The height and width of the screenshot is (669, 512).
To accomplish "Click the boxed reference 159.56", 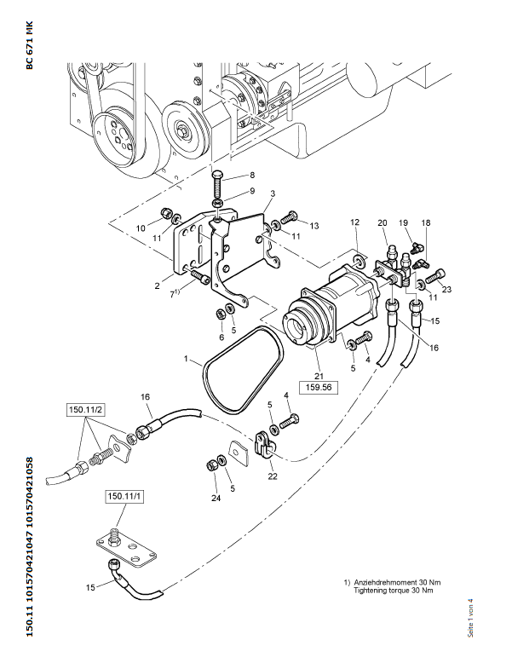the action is [319, 388].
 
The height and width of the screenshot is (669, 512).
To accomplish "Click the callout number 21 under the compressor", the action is [319, 376].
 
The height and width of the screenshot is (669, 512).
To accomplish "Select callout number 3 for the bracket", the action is [273, 193].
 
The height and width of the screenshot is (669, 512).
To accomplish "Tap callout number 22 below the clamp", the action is [273, 476].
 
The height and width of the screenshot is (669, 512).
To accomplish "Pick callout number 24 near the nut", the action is [216, 498].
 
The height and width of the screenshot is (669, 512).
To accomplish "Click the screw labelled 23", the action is [438, 275].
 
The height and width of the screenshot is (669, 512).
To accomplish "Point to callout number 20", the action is [383, 222].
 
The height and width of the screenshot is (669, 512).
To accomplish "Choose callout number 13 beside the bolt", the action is [314, 226].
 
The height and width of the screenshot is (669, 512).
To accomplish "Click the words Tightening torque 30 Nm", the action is [393, 591].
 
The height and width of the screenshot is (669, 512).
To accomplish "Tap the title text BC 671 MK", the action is [30, 44].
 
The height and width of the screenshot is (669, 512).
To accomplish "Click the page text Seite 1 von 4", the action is [470, 618].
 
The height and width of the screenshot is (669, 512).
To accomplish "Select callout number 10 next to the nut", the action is [141, 228].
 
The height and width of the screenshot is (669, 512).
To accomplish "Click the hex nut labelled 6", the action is [221, 314].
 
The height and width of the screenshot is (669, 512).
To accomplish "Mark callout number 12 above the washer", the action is [355, 222].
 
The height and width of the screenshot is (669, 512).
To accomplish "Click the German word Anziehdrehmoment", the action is [383, 582].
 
